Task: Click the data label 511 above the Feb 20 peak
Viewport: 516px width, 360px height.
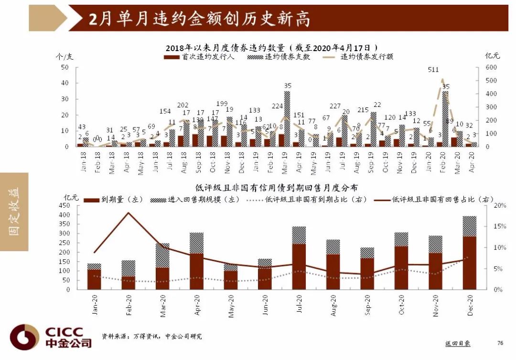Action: coord(433,70)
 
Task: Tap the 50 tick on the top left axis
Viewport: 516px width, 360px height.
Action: coord(65,67)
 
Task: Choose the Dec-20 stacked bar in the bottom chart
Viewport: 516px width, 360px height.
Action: coord(470,253)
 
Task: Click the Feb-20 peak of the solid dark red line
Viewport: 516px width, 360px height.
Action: coord(128,213)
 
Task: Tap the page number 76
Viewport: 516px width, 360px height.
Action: coord(500,343)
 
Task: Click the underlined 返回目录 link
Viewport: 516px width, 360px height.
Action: coord(458,343)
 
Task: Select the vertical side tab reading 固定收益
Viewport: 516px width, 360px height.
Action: coord(14,212)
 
